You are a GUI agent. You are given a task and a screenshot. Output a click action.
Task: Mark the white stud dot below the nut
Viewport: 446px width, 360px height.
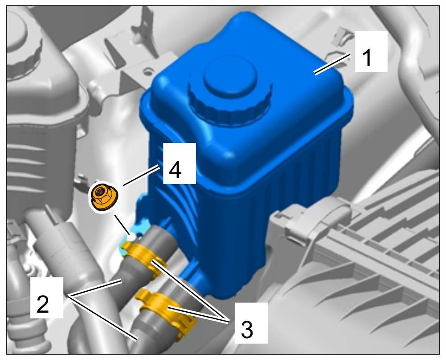coord(132,236)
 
